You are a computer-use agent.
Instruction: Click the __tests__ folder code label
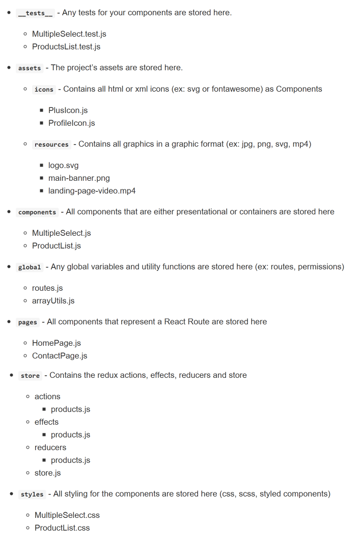35,13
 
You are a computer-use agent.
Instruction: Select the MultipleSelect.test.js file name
69,34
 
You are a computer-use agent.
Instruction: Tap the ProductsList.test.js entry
66,47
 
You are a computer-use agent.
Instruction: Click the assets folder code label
30,68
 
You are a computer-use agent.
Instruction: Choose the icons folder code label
44,89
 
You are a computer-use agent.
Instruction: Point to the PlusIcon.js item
68,111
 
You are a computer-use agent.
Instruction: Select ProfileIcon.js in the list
71,123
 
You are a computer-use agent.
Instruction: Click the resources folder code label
51,145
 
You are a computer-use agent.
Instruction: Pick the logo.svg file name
63,165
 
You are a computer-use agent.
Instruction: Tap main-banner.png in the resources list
79,178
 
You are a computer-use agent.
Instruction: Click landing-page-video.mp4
92,191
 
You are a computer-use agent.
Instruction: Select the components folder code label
37,212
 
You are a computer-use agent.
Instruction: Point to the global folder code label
30,267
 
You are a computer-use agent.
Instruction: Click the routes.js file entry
47,288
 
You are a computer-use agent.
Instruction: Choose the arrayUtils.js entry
53,301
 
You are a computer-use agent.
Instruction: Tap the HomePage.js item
56,343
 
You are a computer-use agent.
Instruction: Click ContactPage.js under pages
60,356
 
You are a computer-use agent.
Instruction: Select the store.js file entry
47,473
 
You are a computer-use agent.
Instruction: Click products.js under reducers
70,460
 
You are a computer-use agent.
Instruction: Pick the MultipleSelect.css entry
67,515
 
